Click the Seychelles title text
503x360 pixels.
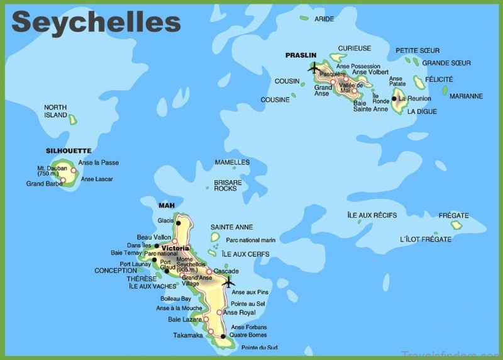pos(96,22)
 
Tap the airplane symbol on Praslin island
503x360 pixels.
pos(314,67)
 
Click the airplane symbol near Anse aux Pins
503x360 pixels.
pos(228,281)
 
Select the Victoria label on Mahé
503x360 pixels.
pos(175,248)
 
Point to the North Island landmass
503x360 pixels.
pos(73,119)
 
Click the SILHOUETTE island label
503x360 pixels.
pos(69,151)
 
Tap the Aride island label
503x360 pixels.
pos(324,20)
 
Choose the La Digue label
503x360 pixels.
pos(421,111)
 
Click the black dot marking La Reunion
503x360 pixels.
pos(394,99)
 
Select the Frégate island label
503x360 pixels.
pos(454,215)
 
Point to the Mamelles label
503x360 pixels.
pos(232,162)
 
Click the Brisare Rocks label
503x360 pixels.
pos(228,185)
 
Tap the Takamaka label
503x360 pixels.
pos(188,335)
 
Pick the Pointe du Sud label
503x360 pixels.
pos(258,347)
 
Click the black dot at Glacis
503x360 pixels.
pos(179,222)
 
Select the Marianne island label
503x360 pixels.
pos(466,96)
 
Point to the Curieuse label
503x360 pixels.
pos(355,48)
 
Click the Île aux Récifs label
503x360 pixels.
pos(372,215)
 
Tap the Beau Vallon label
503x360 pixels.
pos(154,237)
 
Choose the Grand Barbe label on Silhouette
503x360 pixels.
pos(43,184)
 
